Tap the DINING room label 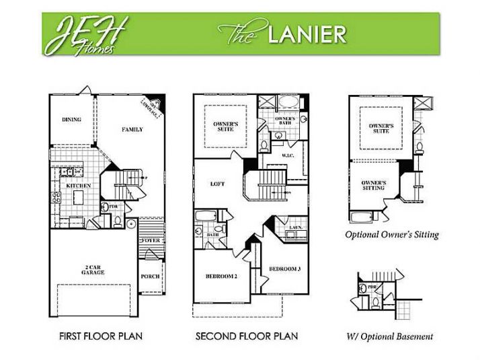[72, 120]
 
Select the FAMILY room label [132, 129]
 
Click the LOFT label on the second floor [216, 184]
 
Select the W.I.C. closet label [288, 155]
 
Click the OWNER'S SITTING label [373, 185]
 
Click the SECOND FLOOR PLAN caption [246, 336]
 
